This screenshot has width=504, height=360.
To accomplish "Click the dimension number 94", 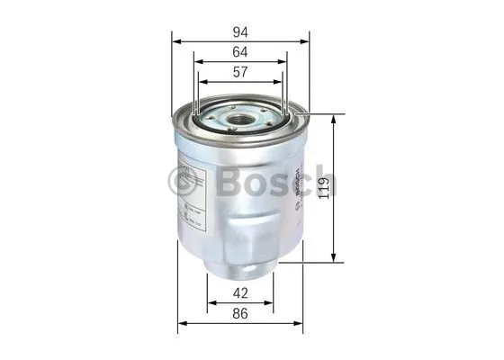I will point(240,29).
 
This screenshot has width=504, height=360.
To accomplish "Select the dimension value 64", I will point(240,51).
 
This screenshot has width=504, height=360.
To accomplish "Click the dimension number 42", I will point(240,292).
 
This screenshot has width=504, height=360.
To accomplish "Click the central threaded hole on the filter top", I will point(242,119).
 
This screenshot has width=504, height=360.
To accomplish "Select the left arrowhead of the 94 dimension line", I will point(175,41).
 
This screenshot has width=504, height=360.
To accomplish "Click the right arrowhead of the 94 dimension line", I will point(305,41).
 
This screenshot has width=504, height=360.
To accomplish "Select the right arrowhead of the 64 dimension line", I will point(287,63).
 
